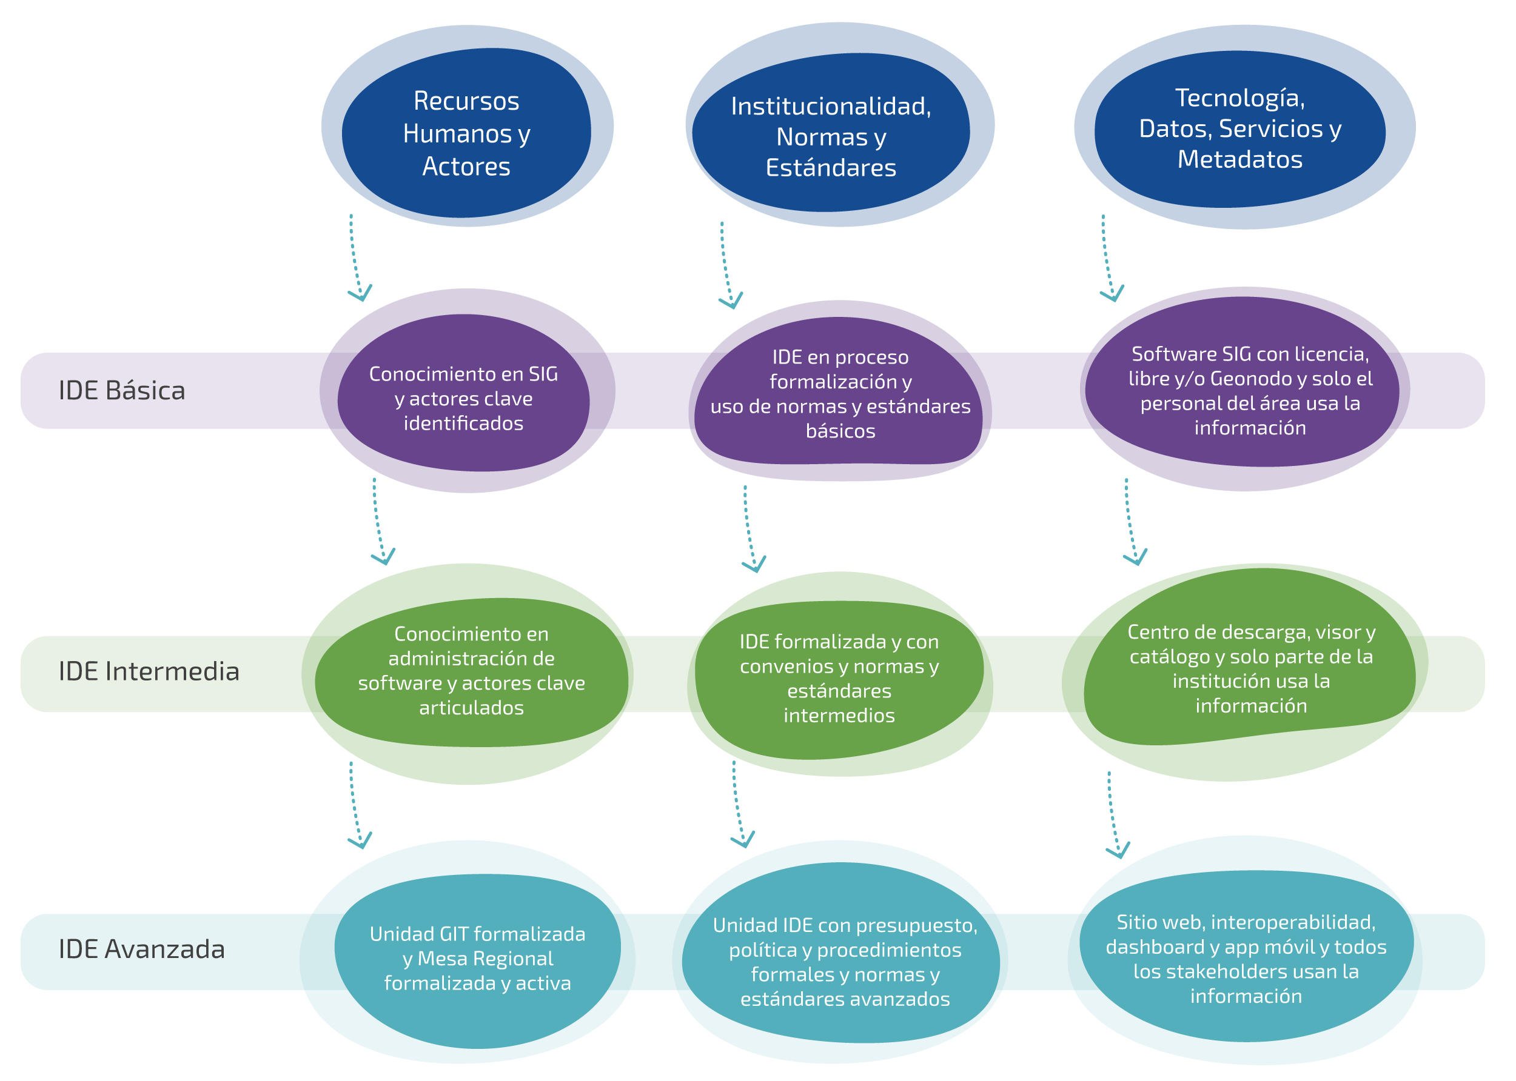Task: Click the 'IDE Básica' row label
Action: (122, 391)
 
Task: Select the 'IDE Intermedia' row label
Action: (149, 671)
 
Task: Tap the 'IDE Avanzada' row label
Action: (141, 948)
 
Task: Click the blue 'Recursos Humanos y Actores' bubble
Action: (466, 133)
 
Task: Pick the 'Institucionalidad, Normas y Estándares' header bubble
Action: (831, 136)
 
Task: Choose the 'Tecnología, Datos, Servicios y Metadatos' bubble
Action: (1239, 128)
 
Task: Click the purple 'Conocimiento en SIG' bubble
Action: (463, 398)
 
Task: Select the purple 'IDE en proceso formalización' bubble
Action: (840, 393)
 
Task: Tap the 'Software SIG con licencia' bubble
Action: (1250, 390)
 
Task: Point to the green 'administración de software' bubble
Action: (472, 670)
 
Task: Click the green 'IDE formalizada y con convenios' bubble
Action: (839, 677)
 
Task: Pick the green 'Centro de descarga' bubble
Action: (1251, 668)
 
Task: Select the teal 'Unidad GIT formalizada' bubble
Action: (478, 959)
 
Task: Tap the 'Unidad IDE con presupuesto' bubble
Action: (845, 961)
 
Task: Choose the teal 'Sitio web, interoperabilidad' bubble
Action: (1246, 959)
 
